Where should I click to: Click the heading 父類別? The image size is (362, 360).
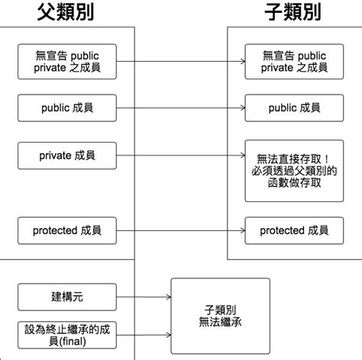[x=66, y=12]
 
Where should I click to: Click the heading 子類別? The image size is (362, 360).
[x=293, y=12]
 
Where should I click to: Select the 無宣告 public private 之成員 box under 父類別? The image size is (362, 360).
[x=66, y=61]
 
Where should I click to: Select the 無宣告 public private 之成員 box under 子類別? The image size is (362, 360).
[x=294, y=61]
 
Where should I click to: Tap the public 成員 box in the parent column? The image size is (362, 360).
[x=66, y=108]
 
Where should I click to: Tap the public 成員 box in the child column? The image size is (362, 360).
[x=294, y=108]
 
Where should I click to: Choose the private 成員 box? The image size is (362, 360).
[x=66, y=155]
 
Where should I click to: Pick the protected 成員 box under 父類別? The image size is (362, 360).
[x=66, y=230]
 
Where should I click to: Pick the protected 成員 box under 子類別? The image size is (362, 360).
[x=294, y=230]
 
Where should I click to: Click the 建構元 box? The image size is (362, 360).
[x=66, y=294]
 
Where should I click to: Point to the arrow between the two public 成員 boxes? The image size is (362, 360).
[x=180, y=108]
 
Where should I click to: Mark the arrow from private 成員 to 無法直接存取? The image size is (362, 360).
[x=180, y=155]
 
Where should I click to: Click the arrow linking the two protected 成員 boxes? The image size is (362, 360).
[x=180, y=230]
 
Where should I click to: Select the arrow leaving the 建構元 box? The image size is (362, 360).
[x=144, y=295]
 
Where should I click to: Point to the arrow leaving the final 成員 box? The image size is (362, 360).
[x=144, y=334]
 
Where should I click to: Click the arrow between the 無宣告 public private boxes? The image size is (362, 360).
[x=180, y=61]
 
